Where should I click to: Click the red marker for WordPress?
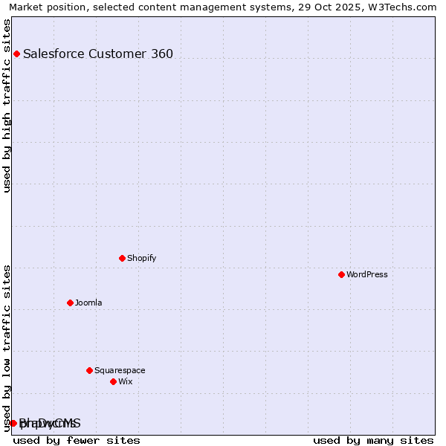[x=341, y=274]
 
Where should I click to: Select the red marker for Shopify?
[x=122, y=258]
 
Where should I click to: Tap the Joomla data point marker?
[x=70, y=303]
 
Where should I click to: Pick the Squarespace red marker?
[x=89, y=370]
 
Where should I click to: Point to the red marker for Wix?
[x=113, y=381]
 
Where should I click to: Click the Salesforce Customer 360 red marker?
[x=16, y=54]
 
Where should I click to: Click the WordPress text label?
[x=367, y=274]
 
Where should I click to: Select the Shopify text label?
[x=141, y=258]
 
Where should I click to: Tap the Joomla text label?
[x=88, y=303]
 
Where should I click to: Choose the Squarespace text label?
[x=120, y=370]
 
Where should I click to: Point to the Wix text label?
[x=125, y=381]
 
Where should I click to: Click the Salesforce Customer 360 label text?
[x=98, y=54]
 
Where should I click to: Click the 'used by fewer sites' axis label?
[x=77, y=440]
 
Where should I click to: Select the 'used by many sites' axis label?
[x=373, y=440]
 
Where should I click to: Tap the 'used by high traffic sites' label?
[x=7, y=106]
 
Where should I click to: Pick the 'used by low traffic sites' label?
[x=7, y=348]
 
